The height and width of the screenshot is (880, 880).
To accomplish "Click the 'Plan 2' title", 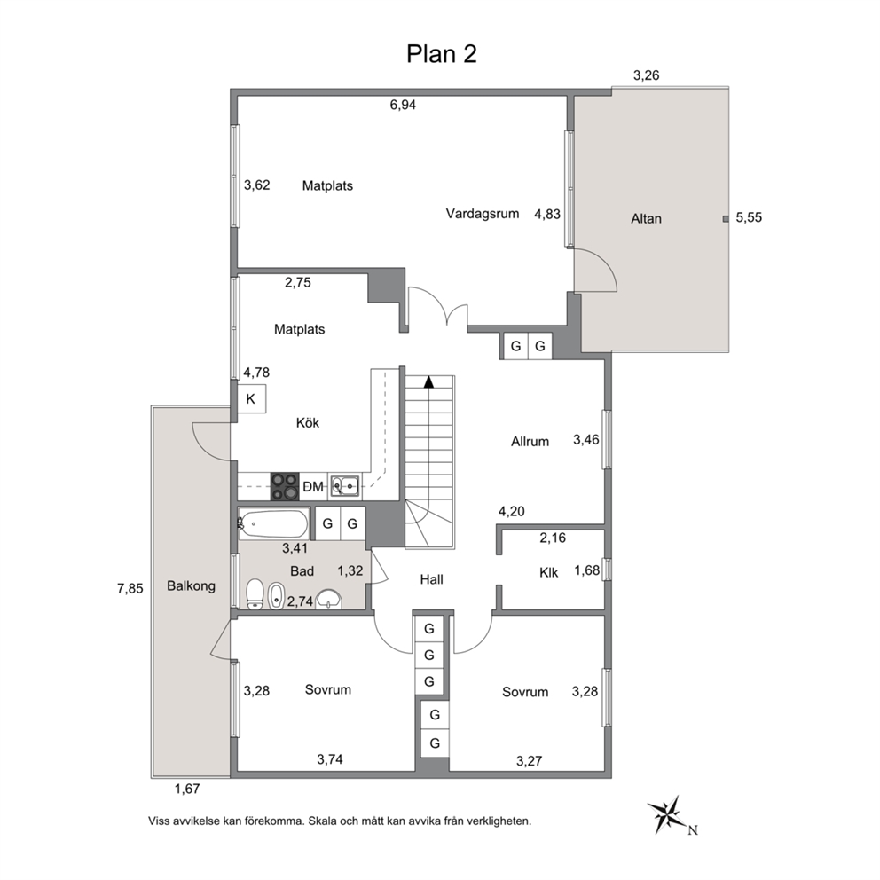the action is pos(442,54).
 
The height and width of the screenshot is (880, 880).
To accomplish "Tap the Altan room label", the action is pos(646,218).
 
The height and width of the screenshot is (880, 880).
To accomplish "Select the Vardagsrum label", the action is pos(482,214).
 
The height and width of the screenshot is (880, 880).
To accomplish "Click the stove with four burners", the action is pos(285,487).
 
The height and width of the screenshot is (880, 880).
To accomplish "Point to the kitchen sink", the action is pos(344,486).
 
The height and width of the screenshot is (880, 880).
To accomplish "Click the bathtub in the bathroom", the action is pos(274,523).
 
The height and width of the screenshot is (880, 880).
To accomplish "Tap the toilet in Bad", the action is pos(255,594).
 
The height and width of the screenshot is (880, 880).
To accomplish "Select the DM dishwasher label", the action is pos(312,487).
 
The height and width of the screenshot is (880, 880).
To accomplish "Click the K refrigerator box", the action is pos(251,398).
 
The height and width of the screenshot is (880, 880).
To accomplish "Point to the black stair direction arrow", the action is pos(428,381).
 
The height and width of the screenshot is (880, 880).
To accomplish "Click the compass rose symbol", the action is pos(668,815).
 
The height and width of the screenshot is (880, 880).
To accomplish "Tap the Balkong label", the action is pos(191,585).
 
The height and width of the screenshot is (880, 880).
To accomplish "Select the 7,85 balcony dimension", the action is pos(130,589).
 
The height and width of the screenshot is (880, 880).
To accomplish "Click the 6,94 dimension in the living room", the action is pos(403,105).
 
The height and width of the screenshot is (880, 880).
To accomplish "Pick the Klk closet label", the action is pos(548,572).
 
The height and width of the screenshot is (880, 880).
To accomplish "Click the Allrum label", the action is pos(530,442).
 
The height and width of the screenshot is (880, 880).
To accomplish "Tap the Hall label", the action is pos(432,579).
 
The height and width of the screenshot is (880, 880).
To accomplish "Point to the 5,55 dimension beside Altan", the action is pos(749,217).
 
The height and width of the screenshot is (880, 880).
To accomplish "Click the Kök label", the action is pos(308,422).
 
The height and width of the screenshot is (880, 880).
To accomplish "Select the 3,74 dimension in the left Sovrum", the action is pos(330,760).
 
